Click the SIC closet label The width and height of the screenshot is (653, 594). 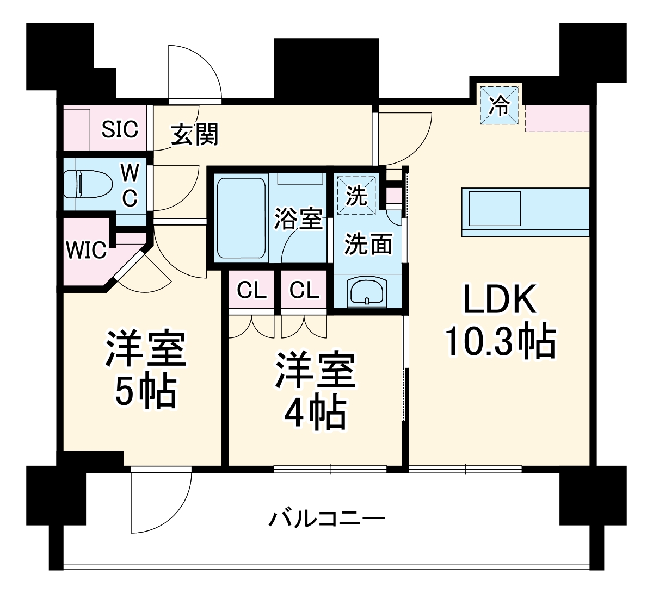click(120, 129)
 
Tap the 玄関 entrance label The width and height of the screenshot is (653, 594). click(195, 134)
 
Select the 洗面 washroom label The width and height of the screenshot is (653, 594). click(368, 245)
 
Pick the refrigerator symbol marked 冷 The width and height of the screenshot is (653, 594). click(500, 105)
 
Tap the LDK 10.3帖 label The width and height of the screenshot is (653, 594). click(500, 321)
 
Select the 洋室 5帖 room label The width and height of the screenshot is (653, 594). click(145, 370)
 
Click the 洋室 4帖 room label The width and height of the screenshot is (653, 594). click(315, 390)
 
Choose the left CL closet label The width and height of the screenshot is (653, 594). click(251, 290)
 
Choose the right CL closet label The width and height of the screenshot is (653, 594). click(304, 290)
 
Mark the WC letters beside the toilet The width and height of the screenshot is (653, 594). click(129, 185)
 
